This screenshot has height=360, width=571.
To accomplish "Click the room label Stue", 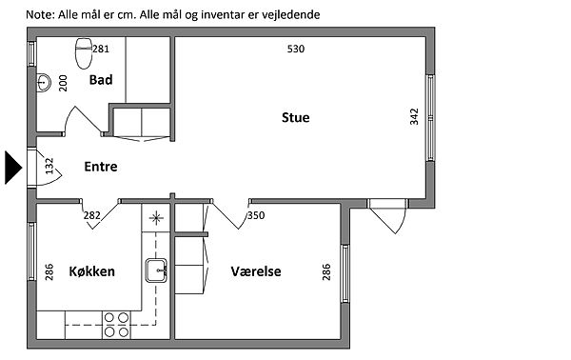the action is [x=296, y=117].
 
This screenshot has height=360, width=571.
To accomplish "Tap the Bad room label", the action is [x=101, y=80].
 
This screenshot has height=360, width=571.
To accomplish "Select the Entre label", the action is [x=101, y=167].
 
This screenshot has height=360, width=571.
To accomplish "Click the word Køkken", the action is [x=91, y=271].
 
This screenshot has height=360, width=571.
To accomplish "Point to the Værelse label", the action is [x=256, y=271].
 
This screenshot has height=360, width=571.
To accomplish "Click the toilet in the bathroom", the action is [x=84, y=53].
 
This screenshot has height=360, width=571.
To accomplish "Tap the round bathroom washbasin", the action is [x=44, y=82].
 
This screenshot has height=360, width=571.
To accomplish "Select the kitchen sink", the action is [x=156, y=270].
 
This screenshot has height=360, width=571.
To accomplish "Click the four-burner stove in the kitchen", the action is [x=116, y=325].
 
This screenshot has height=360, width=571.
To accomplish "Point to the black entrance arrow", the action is [x=13, y=168].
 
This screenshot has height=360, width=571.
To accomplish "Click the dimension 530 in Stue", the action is [x=296, y=49].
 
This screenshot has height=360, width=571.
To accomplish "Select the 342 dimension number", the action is [x=414, y=116].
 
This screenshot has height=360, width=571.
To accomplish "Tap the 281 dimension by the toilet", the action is [x=101, y=49].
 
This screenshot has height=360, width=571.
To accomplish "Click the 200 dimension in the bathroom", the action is [x=63, y=83].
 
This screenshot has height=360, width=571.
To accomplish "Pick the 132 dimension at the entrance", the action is [x=49, y=166].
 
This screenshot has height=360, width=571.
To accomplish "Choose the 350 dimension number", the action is [x=256, y=215].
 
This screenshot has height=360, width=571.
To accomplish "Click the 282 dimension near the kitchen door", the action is [x=91, y=215].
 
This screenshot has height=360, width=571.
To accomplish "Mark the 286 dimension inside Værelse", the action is [x=326, y=272].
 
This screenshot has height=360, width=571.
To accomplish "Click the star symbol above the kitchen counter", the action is [x=156, y=218].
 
